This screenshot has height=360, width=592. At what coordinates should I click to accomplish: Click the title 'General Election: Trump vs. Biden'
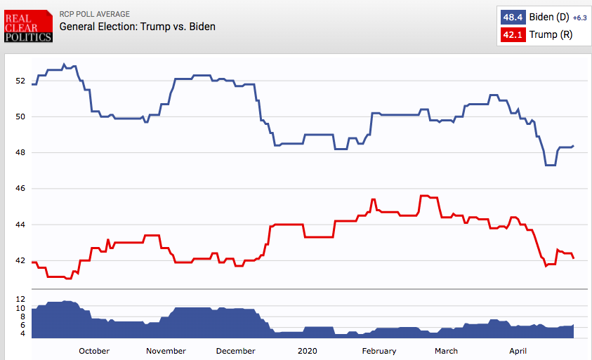click(x=138, y=27)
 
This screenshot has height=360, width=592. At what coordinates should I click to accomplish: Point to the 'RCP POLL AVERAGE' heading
click(x=95, y=14)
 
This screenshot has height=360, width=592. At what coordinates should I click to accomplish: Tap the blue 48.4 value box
click(x=509, y=17)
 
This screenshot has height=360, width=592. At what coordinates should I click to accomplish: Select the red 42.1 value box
click(x=509, y=34)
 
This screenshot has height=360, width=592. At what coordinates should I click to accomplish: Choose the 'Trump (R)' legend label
click(x=546, y=34)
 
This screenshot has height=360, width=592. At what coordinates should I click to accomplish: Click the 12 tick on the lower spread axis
click(x=21, y=299)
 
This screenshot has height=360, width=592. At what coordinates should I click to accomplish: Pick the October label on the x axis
click(x=94, y=351)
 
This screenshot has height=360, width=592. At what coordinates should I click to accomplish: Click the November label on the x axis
click(x=166, y=351)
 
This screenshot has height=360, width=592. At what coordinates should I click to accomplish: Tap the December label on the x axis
click(x=236, y=351)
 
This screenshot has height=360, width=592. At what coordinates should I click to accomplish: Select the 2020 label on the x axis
click(x=308, y=351)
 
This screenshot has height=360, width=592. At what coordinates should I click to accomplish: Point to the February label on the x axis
click(x=379, y=351)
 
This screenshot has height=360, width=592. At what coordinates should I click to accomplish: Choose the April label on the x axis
click(x=518, y=351)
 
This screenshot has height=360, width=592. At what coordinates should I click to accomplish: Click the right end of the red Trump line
click(x=574, y=258)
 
